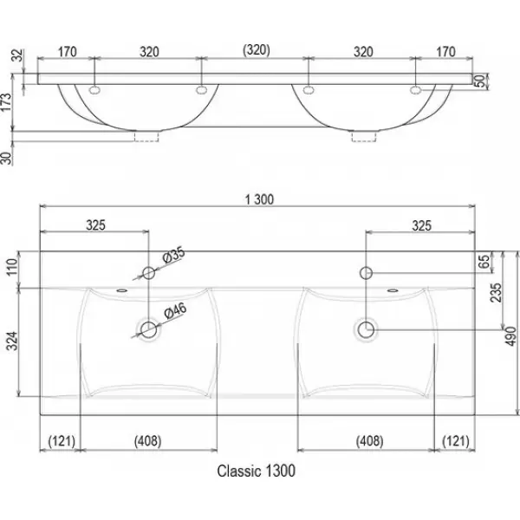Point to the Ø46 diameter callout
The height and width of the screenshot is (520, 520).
175,310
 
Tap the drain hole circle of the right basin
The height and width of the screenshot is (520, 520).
366,328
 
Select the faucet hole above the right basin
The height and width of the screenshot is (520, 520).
366,274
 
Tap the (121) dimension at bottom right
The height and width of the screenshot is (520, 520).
458,441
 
